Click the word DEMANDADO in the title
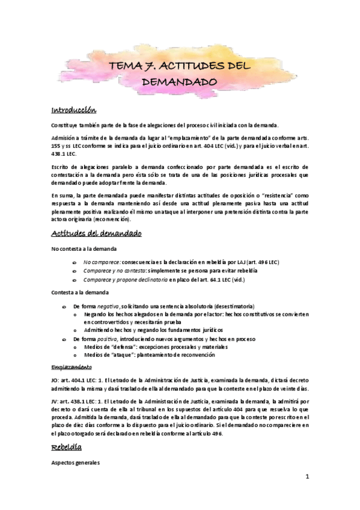click(x=180, y=80)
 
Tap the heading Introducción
click(x=74, y=110)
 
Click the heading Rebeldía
click(x=66, y=447)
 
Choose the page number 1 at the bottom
click(x=307, y=476)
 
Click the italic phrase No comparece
click(x=102, y=263)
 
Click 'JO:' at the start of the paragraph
click(x=56, y=379)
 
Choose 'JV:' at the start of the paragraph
click(x=56, y=400)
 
